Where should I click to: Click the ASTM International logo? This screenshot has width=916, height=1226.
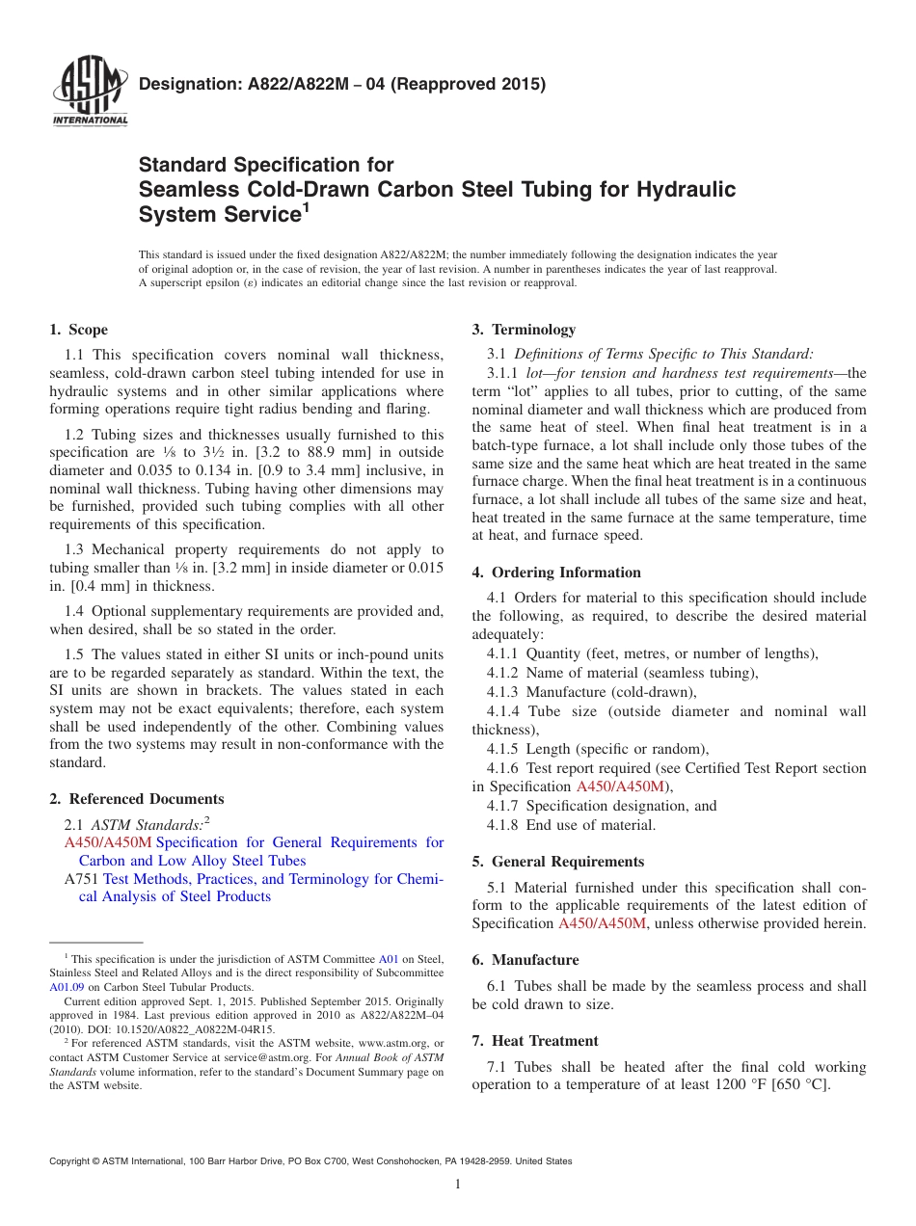click(90, 93)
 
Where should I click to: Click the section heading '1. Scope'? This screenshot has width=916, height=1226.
click(79, 330)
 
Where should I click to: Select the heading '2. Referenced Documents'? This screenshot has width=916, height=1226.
click(137, 799)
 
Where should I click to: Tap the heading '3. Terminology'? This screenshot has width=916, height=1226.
click(524, 330)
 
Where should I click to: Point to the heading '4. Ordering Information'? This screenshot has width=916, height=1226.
click(556, 573)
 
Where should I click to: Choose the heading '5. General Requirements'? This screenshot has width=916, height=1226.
click(558, 862)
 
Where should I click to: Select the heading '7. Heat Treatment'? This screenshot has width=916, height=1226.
click(535, 1041)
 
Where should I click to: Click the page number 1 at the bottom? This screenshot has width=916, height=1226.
click(458, 1185)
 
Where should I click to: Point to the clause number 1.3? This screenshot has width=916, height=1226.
click(74, 549)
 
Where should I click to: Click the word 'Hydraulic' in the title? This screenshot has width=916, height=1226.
click(684, 189)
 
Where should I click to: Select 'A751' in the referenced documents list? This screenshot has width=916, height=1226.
click(81, 879)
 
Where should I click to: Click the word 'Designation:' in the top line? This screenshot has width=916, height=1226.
click(186, 84)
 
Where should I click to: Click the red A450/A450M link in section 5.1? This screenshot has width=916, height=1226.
click(604, 923)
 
